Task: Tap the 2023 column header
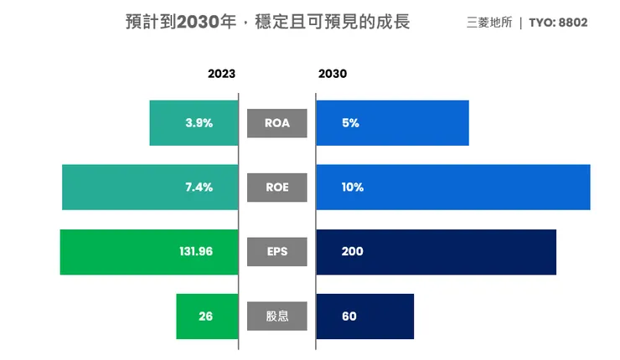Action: [221, 74]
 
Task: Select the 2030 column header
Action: [333, 74]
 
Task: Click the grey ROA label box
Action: [277, 123]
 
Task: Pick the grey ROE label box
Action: [277, 188]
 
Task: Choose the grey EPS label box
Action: [277, 251]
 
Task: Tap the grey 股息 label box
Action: [277, 316]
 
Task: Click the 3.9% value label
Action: [199, 123]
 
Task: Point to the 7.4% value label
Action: [199, 188]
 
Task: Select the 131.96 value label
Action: [196, 251]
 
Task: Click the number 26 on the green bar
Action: [205, 316]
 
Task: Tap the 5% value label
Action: [350, 123]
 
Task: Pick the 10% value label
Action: [353, 188]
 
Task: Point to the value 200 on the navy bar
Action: [353, 251]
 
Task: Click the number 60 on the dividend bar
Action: [349, 316]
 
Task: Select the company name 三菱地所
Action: [489, 23]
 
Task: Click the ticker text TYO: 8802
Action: [558, 23]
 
